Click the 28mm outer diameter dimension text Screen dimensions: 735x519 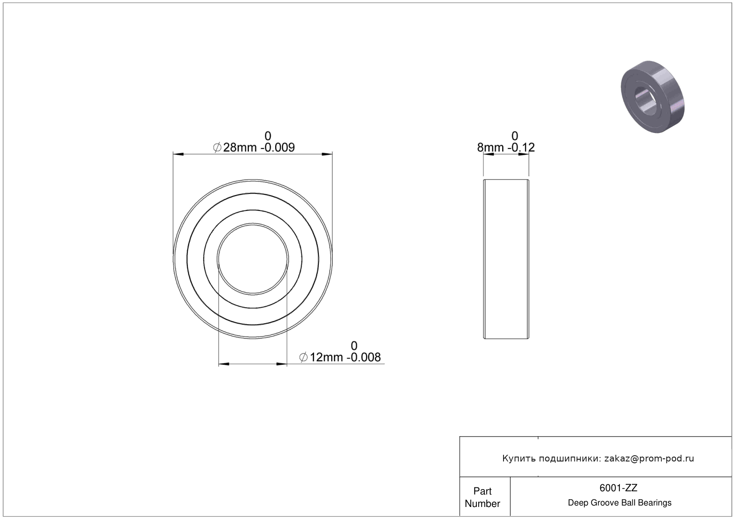pos(240,148)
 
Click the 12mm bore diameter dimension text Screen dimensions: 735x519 pos(326,357)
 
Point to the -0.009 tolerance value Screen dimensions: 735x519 pos(277,148)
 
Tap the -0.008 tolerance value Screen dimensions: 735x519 pos(364,357)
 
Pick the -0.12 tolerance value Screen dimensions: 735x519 pos(521,148)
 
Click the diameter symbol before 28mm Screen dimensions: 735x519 pos(217,148)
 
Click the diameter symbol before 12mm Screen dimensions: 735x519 pos(304,357)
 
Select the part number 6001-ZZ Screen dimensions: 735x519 pos(618,488)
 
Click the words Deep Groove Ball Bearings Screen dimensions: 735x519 pos(619,503)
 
